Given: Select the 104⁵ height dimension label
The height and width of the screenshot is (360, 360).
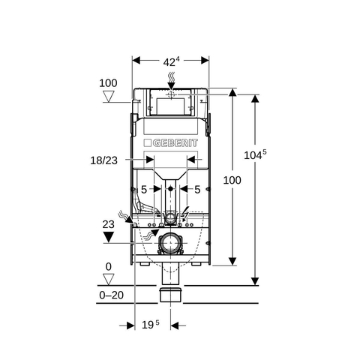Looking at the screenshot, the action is tap(255, 154).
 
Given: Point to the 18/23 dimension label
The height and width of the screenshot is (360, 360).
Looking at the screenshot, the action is tap(103, 160).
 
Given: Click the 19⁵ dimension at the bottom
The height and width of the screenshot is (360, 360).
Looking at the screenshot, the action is tap(151, 325).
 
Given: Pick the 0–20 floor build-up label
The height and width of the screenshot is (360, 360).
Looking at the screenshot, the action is tap(111, 295).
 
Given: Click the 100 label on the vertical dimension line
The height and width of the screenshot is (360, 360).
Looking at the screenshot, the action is tap(232, 180).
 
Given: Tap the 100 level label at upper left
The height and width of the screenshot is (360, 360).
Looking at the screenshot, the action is tap(108, 83).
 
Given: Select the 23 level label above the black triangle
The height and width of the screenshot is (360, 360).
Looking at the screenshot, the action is tap(108, 224).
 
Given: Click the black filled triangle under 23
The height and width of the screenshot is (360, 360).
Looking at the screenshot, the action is tap(109, 236).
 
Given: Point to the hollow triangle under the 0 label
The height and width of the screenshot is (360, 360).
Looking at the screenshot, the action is tap(109, 279).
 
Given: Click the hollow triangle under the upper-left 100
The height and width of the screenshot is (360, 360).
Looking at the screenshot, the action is tap(109, 96).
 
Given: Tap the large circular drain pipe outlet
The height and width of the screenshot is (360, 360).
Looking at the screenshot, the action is tap(170, 243).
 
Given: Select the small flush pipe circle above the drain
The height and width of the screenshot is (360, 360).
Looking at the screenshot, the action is tap(170, 217).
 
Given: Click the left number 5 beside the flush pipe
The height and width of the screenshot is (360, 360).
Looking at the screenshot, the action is tap(144, 190).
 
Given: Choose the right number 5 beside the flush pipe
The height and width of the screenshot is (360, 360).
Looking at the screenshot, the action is tap(197, 190).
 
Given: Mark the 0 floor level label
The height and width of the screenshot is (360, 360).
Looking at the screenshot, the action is tap(109, 267).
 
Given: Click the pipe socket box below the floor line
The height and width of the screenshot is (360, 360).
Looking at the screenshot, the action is tap(170, 295).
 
